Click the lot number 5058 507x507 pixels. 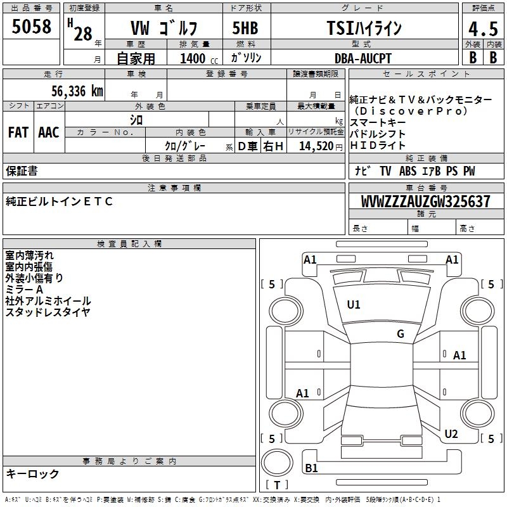click(31, 26)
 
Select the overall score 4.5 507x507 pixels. click(483, 29)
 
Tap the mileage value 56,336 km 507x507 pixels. click(77, 91)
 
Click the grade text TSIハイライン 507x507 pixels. click(364, 28)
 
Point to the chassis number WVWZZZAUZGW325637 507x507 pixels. click(425, 202)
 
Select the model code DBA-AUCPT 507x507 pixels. click(363, 58)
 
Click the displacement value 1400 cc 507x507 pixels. click(199, 58)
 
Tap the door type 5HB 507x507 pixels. click(245, 28)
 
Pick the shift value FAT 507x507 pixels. click(18, 132)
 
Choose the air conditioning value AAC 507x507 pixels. click(49, 132)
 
